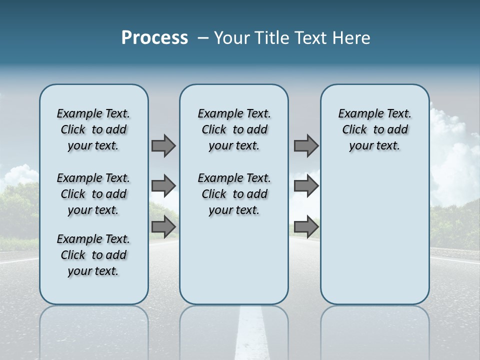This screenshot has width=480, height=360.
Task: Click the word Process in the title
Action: click(154, 38)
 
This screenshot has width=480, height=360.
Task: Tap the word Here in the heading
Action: click(352, 38)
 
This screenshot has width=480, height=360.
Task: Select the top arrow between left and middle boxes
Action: click(163, 145)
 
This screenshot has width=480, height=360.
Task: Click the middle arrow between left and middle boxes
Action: click(163, 186)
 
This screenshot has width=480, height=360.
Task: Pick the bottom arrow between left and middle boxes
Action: click(163, 227)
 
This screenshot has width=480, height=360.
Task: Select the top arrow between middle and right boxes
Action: click(306, 145)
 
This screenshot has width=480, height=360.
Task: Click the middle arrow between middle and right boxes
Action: click(306, 186)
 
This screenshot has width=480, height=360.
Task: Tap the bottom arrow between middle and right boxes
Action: click(306, 227)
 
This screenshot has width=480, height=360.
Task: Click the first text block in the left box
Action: click(93, 129)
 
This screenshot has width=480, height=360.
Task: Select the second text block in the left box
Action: click(93, 194)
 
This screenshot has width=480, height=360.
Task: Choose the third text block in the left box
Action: click(93, 255)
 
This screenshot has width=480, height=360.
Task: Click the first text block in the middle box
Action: click(234, 129)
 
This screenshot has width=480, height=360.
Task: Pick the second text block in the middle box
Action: click(234, 194)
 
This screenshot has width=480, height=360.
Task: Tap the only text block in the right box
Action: click(374, 129)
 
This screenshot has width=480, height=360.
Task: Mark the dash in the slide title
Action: click(203, 38)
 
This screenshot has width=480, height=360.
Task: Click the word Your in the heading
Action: click(232, 38)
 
